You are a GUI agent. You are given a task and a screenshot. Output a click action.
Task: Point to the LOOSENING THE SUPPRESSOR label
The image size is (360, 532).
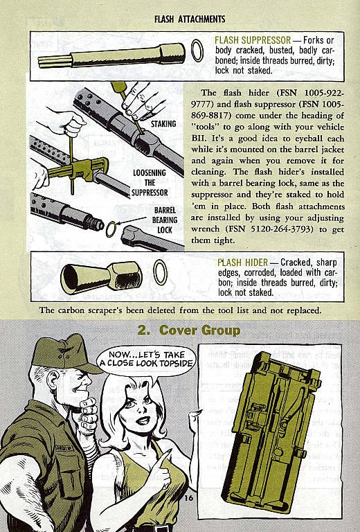point(150,182)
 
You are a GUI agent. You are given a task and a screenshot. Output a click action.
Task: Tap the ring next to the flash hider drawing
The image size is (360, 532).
point(161,272)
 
